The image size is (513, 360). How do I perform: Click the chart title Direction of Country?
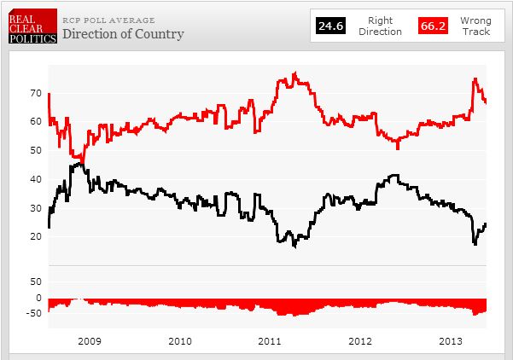pos(122,34)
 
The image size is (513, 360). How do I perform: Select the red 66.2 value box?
pos(433,27)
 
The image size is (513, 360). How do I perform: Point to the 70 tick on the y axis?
pos(36,91)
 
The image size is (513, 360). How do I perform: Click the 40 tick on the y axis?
pos(36,178)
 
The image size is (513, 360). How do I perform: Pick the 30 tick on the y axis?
pos(36,207)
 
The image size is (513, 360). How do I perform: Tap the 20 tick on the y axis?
pos(36,236)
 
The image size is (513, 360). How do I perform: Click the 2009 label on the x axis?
pos(90,341)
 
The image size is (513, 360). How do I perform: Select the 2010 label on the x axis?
pos(180,341)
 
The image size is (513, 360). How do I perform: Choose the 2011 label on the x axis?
pos(270,341)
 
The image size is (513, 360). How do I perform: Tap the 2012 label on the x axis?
pos(360,341)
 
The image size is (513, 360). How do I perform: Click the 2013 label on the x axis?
pos(450,341)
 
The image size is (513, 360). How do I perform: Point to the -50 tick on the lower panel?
pos(34,313)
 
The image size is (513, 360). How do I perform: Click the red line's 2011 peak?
pos(294,73)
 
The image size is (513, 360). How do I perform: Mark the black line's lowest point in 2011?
pos(294,247)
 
